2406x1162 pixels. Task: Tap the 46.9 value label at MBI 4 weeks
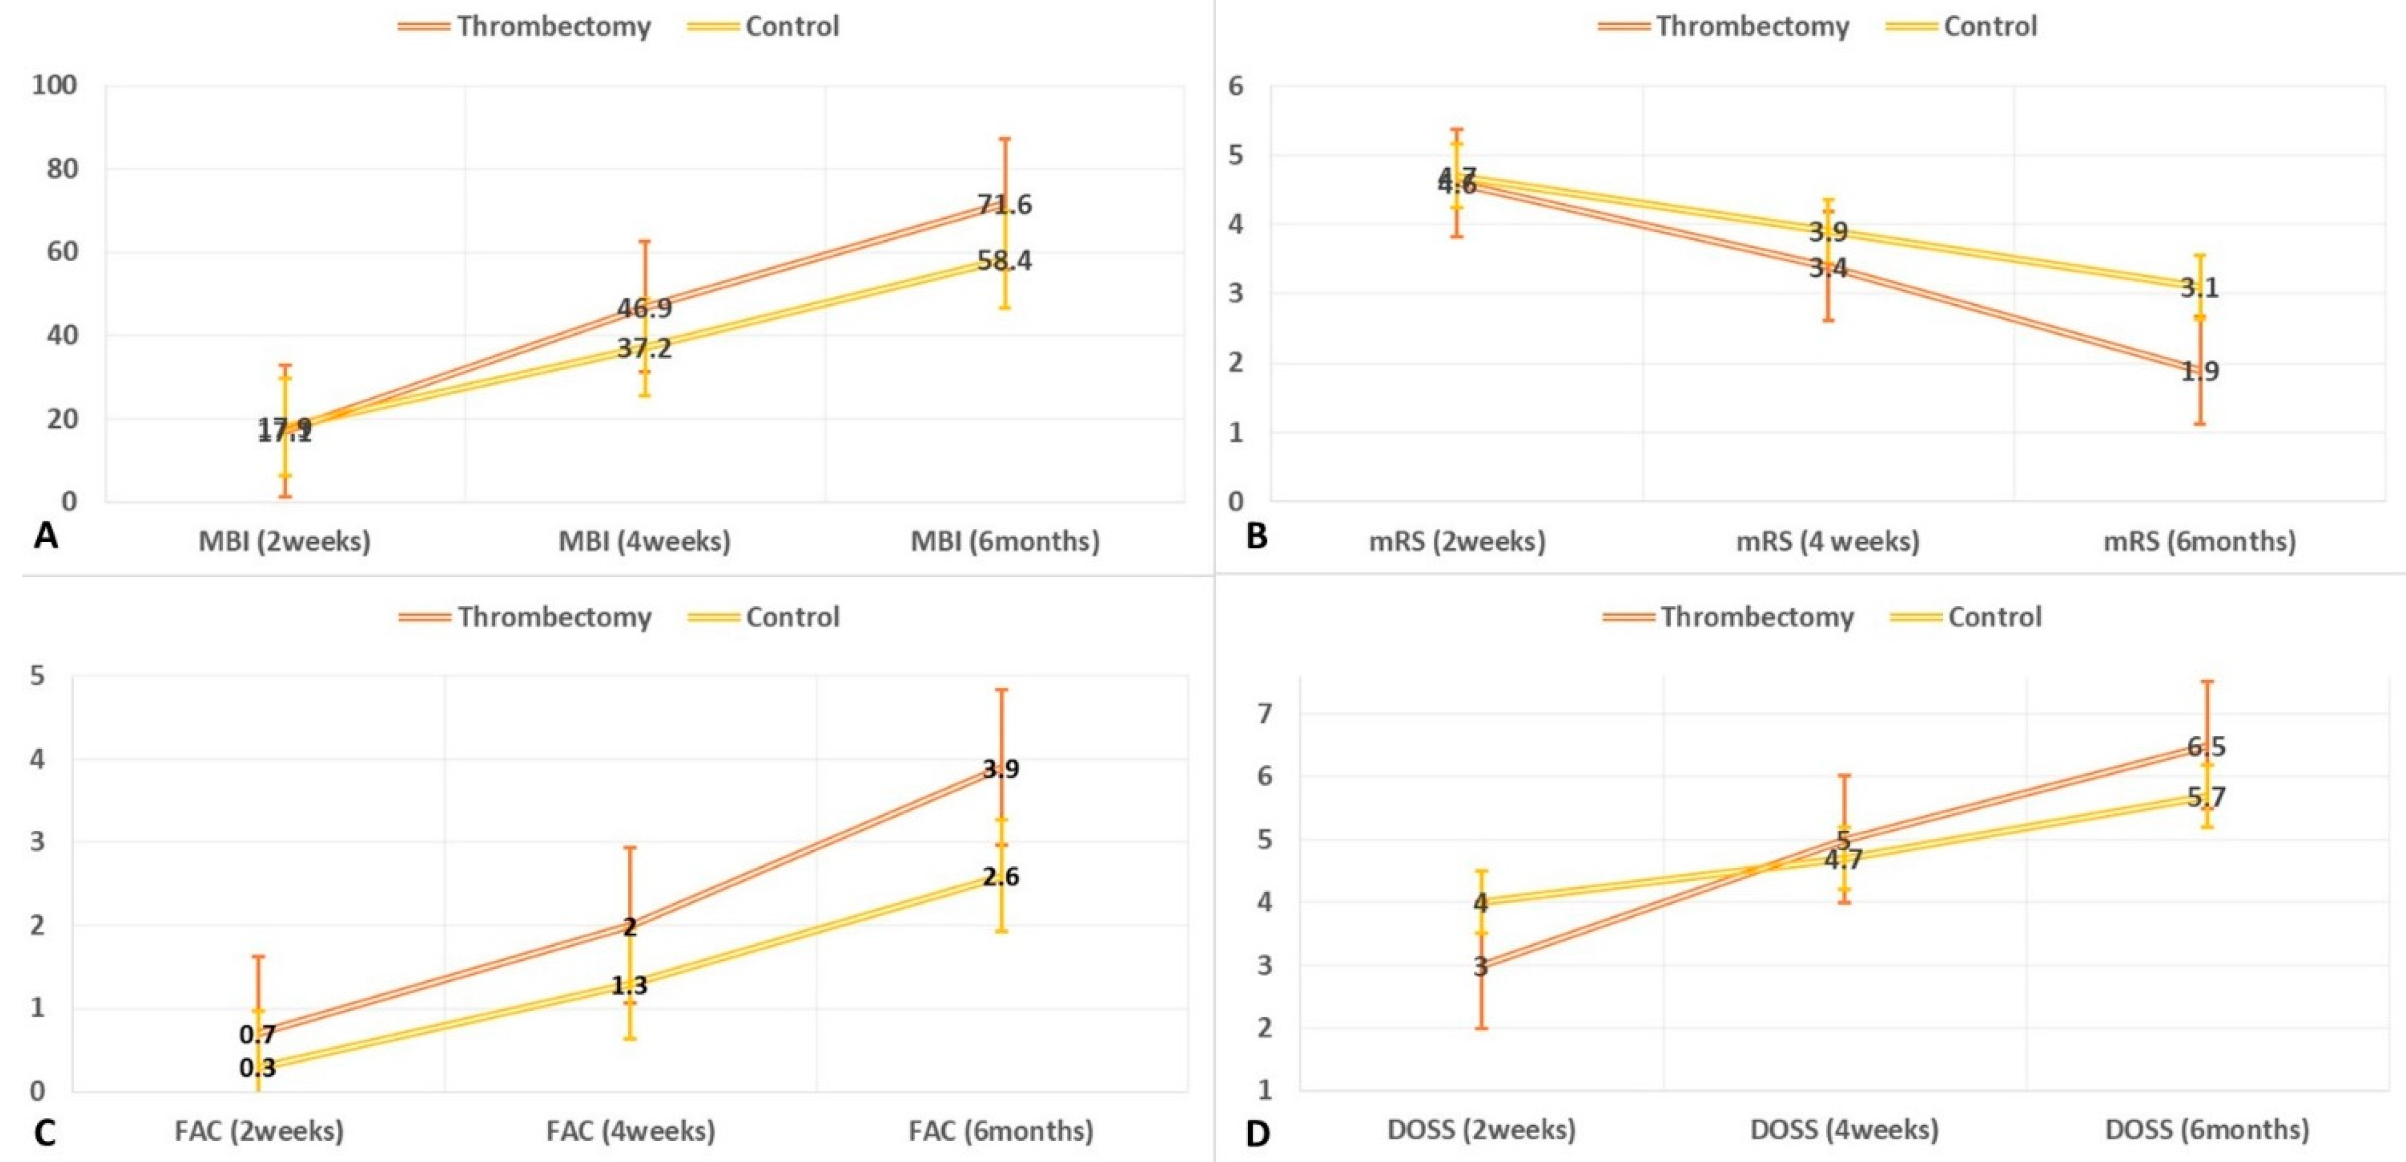click(645, 308)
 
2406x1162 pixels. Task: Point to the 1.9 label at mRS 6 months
click(2200, 372)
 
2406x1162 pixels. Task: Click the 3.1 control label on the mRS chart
click(2200, 288)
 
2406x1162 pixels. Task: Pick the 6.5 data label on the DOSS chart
click(2206, 747)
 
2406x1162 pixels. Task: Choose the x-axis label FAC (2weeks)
click(259, 1131)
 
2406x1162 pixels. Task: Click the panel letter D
click(1257, 1134)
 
